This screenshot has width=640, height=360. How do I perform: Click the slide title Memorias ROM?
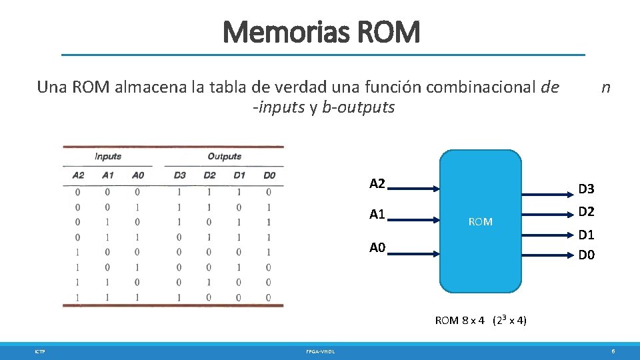(x=321, y=32)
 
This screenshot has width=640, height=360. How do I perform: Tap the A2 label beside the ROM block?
(x=377, y=184)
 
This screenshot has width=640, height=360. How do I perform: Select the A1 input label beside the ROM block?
(x=377, y=215)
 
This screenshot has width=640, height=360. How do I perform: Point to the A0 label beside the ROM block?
(x=377, y=249)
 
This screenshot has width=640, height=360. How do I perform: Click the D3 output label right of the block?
(x=587, y=190)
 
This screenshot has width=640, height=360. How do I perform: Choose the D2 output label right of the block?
(x=587, y=212)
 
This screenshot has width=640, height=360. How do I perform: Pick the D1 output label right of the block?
(x=587, y=235)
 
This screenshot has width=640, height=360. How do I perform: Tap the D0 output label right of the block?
(x=587, y=255)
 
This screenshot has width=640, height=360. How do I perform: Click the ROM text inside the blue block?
(x=480, y=221)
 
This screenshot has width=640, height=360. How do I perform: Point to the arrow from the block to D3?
(x=547, y=194)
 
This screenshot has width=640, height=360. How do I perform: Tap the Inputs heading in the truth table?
(x=108, y=157)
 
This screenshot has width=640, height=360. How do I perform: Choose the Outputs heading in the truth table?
(x=224, y=157)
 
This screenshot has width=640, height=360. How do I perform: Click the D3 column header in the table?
(x=179, y=175)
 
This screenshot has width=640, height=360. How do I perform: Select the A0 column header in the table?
(x=137, y=175)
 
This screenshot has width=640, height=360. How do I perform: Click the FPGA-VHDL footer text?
(x=321, y=351)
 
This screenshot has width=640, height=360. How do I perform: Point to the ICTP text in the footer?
(x=40, y=351)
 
